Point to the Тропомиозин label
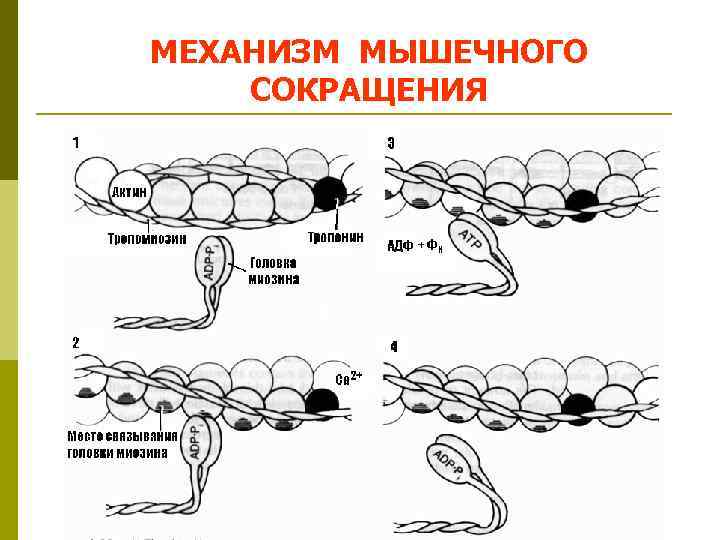[x=148, y=239]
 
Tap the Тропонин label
[x=335, y=239]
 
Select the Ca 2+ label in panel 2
[x=348, y=379]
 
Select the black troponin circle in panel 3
[x=581, y=203]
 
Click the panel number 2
[x=76, y=342]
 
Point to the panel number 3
[x=391, y=142]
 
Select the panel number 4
[x=394, y=347]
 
